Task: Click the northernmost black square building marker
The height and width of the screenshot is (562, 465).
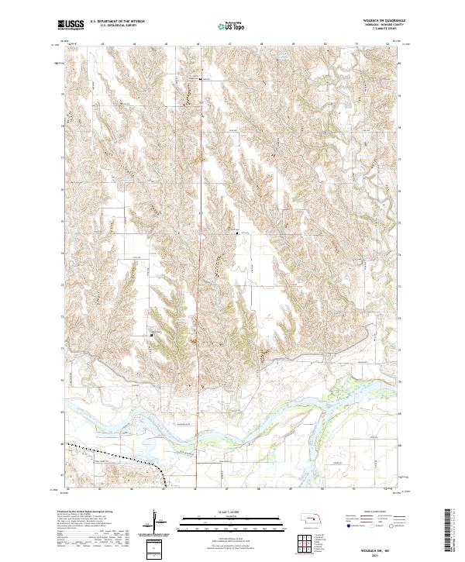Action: point(201,79)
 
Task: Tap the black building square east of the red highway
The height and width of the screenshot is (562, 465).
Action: point(237,232)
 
